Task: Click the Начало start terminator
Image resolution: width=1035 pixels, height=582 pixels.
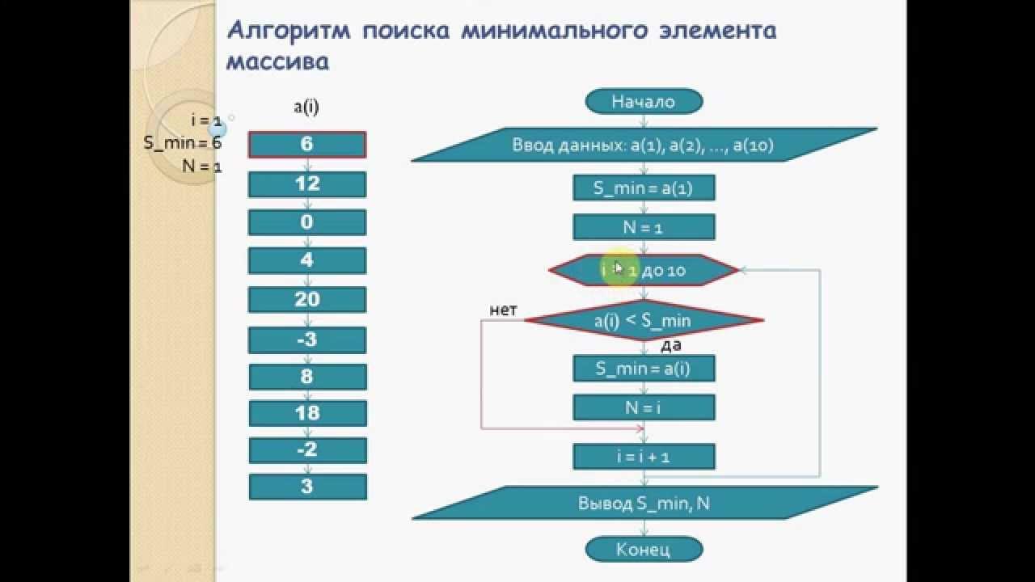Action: (x=644, y=102)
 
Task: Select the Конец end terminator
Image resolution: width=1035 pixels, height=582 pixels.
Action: (x=644, y=550)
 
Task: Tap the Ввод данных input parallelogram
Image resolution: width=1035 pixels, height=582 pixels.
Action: (x=644, y=145)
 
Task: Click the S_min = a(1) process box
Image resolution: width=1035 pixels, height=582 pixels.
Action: (x=644, y=188)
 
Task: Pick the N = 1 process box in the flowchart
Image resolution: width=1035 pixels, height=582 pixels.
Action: (x=644, y=227)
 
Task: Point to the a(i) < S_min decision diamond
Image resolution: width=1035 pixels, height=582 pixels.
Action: (x=644, y=321)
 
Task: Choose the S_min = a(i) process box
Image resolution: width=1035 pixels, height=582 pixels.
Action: (x=644, y=369)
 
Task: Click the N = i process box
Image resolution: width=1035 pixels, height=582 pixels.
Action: (x=644, y=407)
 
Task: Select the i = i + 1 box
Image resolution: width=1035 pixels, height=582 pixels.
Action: (x=644, y=457)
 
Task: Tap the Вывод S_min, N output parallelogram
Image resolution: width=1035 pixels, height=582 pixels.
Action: (x=644, y=503)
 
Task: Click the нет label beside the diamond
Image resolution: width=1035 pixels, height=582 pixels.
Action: (x=503, y=310)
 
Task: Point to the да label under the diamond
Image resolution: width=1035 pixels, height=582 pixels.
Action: (x=671, y=345)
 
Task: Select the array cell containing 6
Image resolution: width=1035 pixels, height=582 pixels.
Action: (x=307, y=145)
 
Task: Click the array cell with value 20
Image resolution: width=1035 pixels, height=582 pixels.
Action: (x=307, y=299)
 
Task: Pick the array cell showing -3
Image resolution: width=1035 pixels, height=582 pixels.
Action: (x=307, y=339)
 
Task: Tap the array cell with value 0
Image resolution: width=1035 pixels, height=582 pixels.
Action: (x=307, y=222)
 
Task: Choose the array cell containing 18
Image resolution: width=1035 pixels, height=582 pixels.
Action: (x=307, y=413)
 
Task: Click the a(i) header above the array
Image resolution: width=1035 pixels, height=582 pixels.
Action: (x=306, y=107)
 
